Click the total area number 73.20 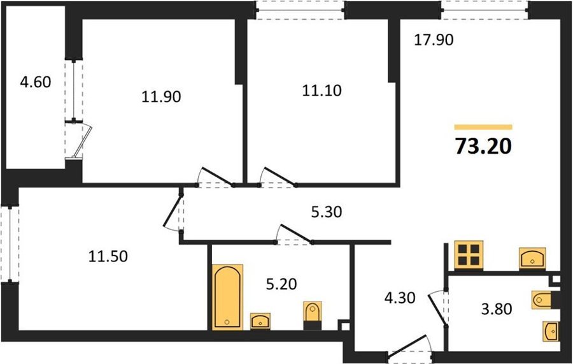click(x=483, y=147)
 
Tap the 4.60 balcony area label click(x=36, y=82)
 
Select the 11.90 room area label click(x=161, y=97)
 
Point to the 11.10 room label click(x=322, y=90)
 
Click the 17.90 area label click(x=434, y=40)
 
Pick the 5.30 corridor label click(x=327, y=212)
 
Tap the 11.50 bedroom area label click(x=108, y=256)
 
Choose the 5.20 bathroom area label click(x=281, y=284)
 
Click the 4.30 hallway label click(x=400, y=298)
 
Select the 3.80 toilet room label click(x=496, y=309)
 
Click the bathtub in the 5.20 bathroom click(x=228, y=296)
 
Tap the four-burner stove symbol click(x=469, y=255)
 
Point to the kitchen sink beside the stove click(x=532, y=259)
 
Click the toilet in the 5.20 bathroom click(x=313, y=315)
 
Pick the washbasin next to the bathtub click(x=260, y=321)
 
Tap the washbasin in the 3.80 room click(x=551, y=331)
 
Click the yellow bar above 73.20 click(x=483, y=127)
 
